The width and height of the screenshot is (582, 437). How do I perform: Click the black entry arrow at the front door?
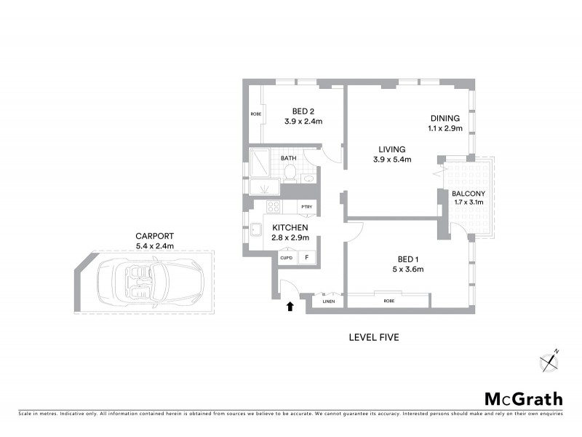290,307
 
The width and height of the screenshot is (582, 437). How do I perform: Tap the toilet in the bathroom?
290,172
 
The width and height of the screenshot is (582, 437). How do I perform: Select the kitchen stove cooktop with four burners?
274,207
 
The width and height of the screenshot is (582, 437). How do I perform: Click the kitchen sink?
257,231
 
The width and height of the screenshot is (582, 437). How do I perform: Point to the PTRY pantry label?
306,207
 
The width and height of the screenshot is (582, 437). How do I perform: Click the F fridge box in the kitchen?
306,258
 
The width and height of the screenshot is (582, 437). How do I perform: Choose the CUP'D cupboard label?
285,258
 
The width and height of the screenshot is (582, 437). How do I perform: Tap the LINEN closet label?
328,300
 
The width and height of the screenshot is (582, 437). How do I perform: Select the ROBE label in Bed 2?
256,114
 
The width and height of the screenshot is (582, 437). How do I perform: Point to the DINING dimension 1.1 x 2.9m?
445,129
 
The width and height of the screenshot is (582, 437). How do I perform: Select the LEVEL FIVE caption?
373,337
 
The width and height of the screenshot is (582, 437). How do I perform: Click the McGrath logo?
524,398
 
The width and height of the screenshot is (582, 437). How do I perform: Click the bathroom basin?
308,177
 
